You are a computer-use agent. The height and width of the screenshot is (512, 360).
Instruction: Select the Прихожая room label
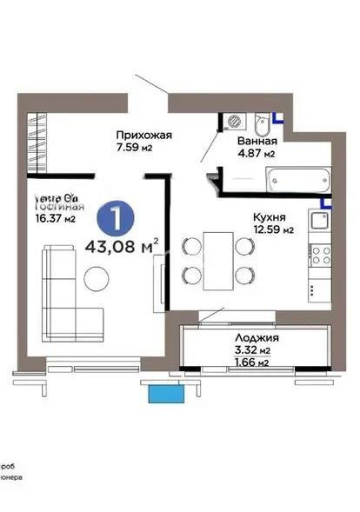click(x=145, y=135)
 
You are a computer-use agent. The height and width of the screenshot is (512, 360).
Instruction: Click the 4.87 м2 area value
click(x=257, y=154)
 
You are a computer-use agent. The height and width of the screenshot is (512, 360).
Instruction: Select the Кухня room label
click(x=271, y=217)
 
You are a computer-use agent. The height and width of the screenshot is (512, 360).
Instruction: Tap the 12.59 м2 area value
click(x=273, y=230)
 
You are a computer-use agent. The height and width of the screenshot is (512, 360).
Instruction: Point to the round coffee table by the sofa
click(x=96, y=278)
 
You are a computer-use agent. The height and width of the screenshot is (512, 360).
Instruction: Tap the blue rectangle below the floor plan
click(x=166, y=394)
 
